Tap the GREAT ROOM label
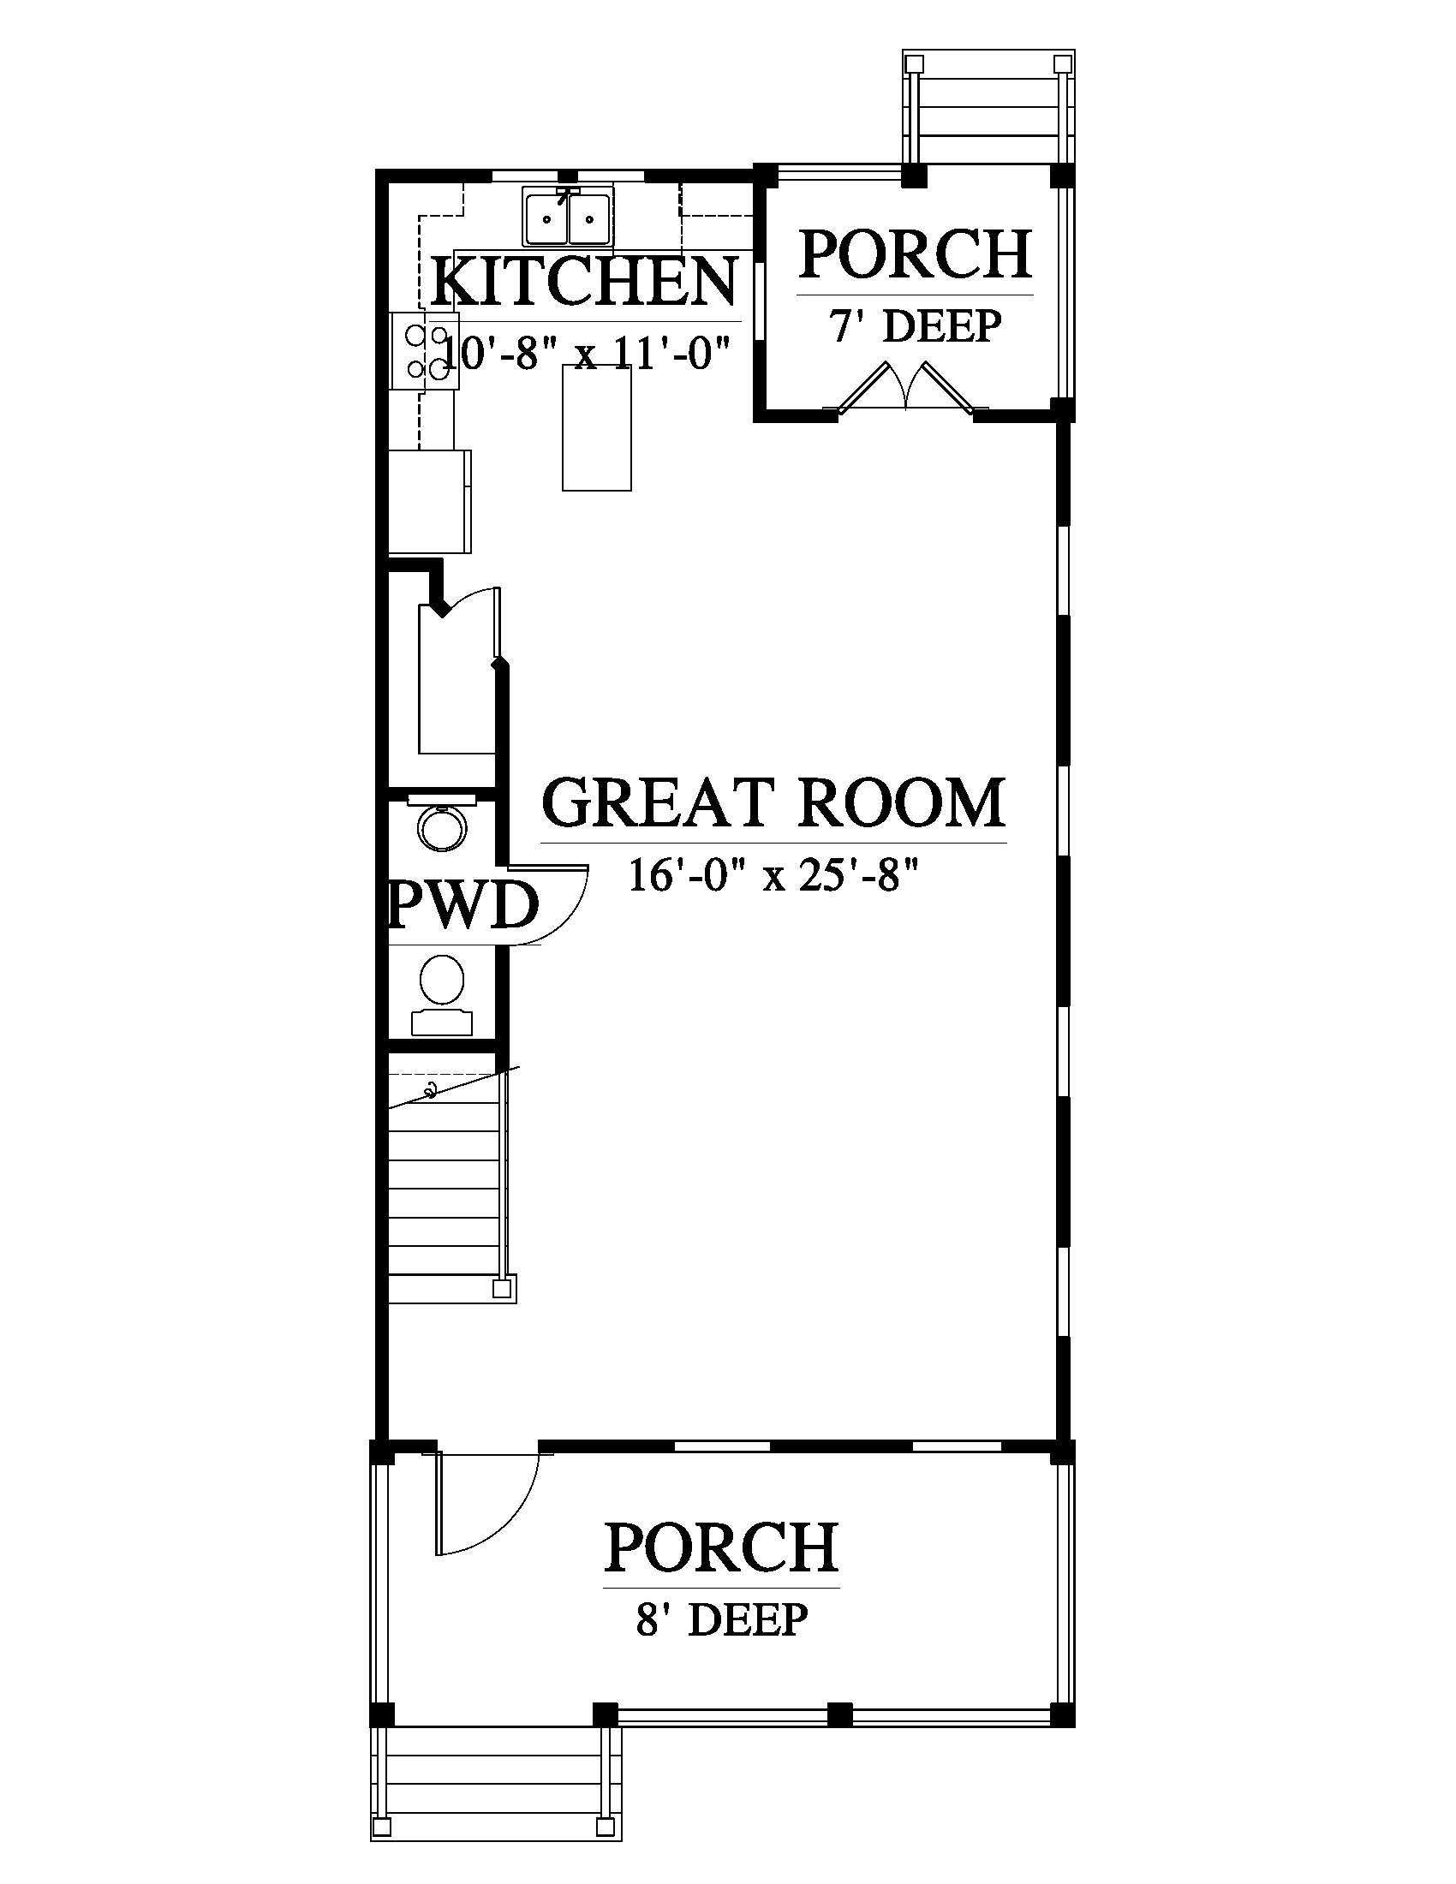coord(773,802)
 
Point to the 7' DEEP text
coord(916,326)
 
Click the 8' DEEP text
coord(722,1619)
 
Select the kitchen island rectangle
coord(596,428)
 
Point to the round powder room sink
coord(444,826)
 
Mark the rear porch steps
coord(988,107)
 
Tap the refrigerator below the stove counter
coord(430,501)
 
